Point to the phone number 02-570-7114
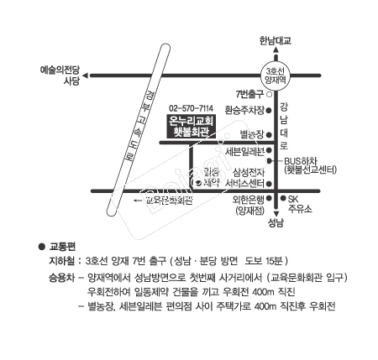tap(192, 108)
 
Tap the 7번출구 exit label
tap(250, 94)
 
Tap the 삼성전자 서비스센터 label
tap(244, 177)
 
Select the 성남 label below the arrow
tap(276, 224)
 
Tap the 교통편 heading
tap(63, 247)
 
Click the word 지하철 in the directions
tap(64, 261)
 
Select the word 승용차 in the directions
tap(64, 276)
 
